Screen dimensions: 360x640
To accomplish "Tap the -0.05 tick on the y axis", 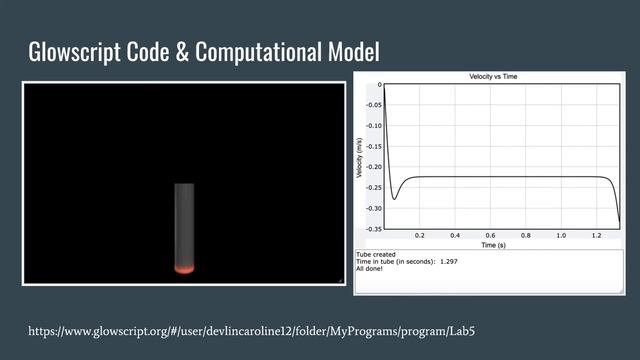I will (372, 104).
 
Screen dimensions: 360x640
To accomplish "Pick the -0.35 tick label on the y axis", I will (372, 229).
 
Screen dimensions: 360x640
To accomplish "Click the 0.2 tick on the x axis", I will (420, 236).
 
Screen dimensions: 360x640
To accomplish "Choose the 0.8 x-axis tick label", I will (526, 236).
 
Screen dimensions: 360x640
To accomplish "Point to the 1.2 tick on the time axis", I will (597, 236).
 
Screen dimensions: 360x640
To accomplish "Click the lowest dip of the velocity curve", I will (394, 199).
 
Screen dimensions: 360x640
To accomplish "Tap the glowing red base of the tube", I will (184, 268).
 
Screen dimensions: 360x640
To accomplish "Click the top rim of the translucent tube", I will (184, 185).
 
